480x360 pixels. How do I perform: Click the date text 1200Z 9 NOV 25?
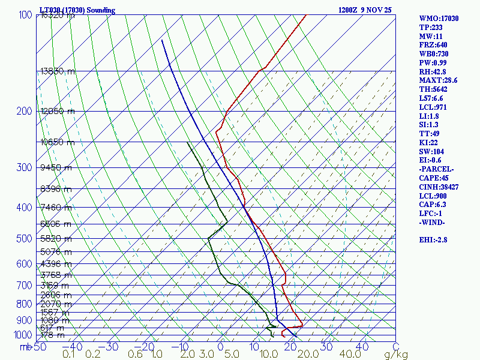[365, 10]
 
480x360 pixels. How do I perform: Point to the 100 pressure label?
[25, 14]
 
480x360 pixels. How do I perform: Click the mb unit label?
[25, 347]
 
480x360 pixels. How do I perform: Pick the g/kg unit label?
[395, 355]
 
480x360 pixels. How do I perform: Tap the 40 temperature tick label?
[362, 347]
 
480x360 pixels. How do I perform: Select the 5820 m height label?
[55, 239]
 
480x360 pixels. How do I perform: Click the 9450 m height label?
[55, 167]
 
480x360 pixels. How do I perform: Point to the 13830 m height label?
[58, 71]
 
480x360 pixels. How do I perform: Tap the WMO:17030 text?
[439, 19]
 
